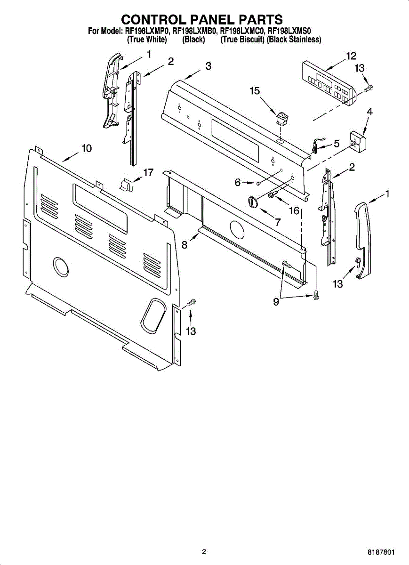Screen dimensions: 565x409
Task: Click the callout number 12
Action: [351, 56]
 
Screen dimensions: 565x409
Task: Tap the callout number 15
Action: [255, 91]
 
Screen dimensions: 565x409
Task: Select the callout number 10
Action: [86, 148]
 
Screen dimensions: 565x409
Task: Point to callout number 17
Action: [148, 173]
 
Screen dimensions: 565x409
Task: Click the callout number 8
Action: [184, 245]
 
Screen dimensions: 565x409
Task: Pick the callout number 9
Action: [276, 302]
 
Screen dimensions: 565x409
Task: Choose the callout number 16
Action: [294, 210]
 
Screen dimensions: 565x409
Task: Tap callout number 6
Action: [238, 182]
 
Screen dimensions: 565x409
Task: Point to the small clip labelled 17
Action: [126, 185]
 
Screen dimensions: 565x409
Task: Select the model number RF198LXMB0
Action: [194, 32]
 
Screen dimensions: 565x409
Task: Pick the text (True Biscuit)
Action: [242, 40]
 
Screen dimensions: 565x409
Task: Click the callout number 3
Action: [208, 66]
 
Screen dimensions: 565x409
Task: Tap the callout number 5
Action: [337, 144]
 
